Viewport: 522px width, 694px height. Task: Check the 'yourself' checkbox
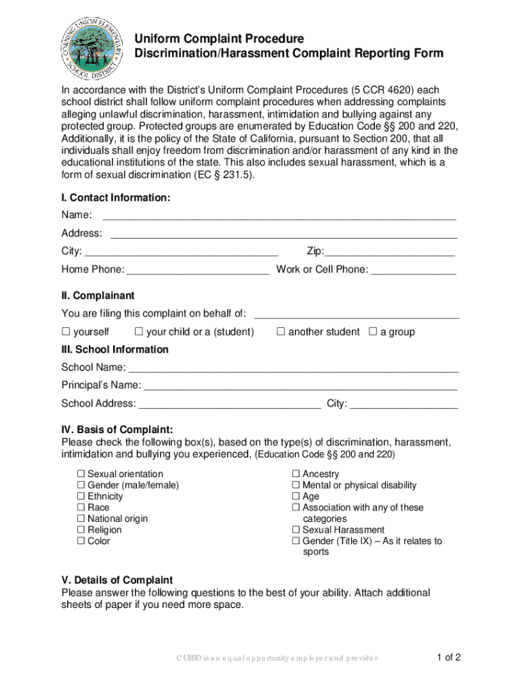[x=66, y=332]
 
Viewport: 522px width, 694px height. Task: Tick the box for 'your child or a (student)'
[x=138, y=332]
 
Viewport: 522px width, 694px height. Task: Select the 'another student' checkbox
[x=281, y=332]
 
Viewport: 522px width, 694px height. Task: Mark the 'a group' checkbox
[x=372, y=332]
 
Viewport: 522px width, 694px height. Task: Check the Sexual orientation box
[x=81, y=474]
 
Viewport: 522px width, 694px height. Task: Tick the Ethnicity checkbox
[x=81, y=497]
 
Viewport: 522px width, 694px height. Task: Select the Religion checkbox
[x=81, y=530]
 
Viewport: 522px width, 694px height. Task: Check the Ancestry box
[x=296, y=474]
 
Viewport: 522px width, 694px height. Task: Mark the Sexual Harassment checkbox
[x=296, y=530]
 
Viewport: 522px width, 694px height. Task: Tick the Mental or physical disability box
[x=296, y=485]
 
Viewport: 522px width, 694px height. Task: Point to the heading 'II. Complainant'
[x=98, y=296]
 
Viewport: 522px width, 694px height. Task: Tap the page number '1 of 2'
[x=449, y=657]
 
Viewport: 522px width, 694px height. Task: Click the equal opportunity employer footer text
[x=277, y=658]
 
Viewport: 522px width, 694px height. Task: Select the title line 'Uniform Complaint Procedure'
[x=218, y=39]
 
